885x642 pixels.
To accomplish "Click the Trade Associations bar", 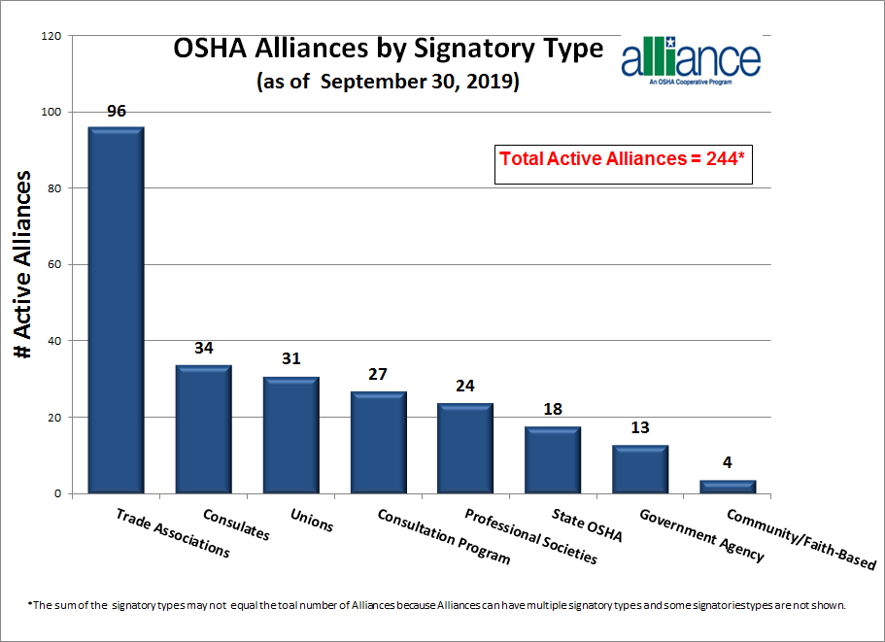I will click(x=117, y=311).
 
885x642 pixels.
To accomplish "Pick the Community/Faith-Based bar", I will click(x=727, y=487).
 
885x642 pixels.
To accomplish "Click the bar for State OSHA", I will click(x=553, y=460).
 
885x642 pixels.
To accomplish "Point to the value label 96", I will click(x=117, y=111).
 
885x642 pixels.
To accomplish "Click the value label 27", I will click(x=378, y=374).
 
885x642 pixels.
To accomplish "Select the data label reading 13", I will click(x=639, y=427).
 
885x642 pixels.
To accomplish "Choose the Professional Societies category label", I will click(x=530, y=536).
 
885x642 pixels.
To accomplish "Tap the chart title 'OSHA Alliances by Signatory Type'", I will click(x=388, y=48).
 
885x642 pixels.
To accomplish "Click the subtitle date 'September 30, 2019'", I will click(x=420, y=82).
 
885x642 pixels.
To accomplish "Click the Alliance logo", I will click(x=691, y=63).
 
